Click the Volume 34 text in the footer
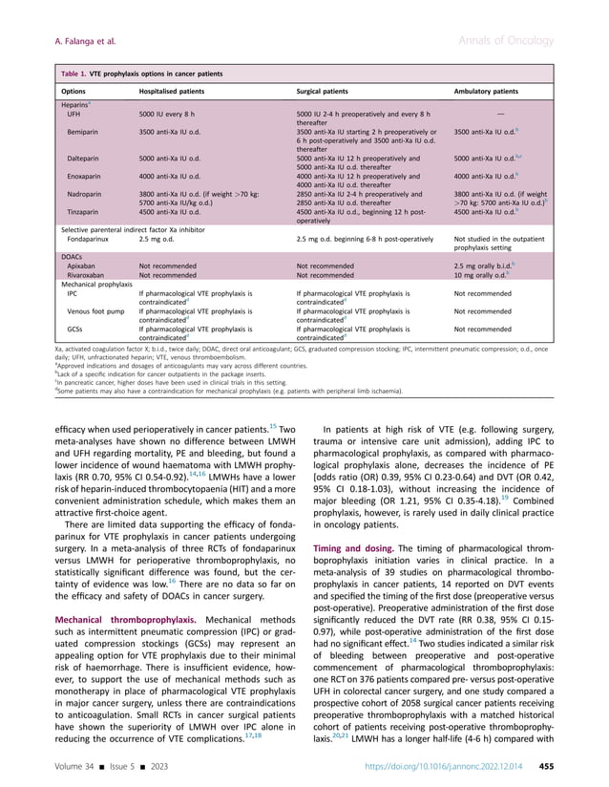(85, 762)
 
